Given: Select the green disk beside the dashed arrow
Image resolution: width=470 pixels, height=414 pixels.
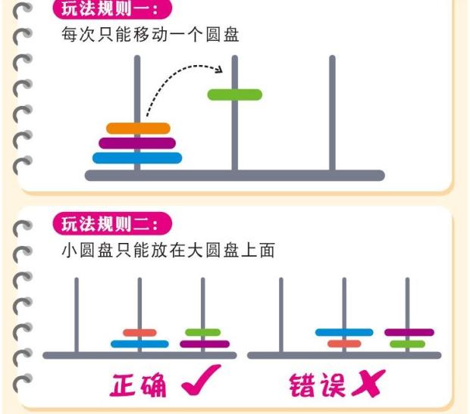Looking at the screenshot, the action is (x=235, y=95).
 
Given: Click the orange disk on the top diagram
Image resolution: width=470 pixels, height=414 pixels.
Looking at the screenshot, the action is (x=138, y=129).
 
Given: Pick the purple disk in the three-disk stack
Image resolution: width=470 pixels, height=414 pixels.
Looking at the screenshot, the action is (x=137, y=143).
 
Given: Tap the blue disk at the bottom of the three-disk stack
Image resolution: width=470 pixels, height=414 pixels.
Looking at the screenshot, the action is (x=137, y=158).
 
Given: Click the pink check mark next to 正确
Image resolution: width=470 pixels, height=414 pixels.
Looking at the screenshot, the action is (x=201, y=380).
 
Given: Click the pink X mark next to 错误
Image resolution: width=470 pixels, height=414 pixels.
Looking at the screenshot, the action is (x=369, y=384).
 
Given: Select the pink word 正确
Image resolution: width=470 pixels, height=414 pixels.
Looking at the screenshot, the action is (x=138, y=385).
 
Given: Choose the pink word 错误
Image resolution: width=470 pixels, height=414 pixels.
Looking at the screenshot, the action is (x=317, y=385).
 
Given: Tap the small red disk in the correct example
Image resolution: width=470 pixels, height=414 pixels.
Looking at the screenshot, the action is (x=139, y=332).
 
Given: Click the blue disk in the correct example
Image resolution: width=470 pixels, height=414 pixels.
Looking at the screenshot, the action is (x=139, y=344).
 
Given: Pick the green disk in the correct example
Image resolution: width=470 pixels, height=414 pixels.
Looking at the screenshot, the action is (x=203, y=332).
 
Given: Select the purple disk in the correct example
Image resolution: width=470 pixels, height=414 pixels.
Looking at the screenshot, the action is (x=205, y=344).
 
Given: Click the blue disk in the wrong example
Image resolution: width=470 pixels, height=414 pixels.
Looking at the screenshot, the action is (x=344, y=332).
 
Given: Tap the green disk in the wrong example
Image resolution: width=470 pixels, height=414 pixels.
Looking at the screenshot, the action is (x=407, y=344).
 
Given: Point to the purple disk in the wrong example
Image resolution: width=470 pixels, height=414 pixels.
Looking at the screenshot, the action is (x=409, y=332).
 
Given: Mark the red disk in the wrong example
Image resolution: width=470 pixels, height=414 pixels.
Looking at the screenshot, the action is (x=344, y=344).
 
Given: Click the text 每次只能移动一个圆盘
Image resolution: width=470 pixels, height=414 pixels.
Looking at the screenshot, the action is (x=150, y=35).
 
